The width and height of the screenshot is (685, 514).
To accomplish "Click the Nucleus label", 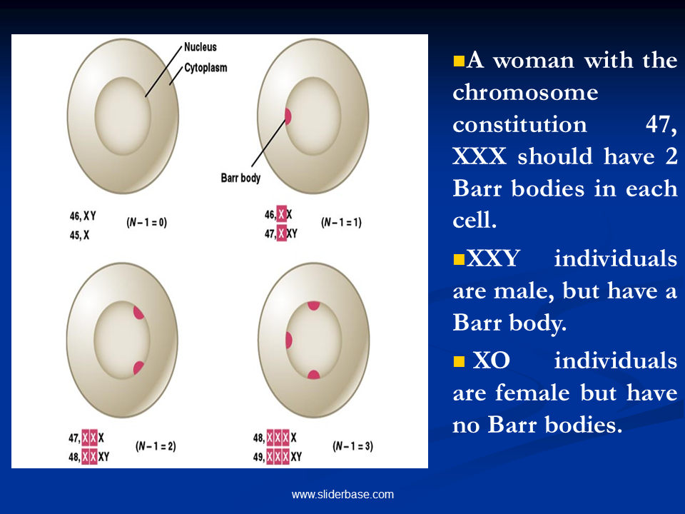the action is click(x=200, y=47).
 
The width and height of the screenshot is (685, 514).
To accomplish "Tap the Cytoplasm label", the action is click(x=205, y=68).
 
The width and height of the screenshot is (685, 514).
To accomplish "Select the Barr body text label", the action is click(x=240, y=178).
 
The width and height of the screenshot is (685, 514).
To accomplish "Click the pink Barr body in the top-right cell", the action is click(x=288, y=116).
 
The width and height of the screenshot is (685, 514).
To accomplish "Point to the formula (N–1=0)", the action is click(x=147, y=223).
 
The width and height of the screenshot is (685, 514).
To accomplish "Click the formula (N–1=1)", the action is click(x=341, y=223).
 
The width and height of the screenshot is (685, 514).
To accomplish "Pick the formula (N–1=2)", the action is click(x=156, y=446).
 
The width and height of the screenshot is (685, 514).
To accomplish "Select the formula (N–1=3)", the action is click(x=352, y=446).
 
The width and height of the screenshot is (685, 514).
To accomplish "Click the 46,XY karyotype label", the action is click(x=83, y=216).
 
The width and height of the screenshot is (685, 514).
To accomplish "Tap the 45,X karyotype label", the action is click(x=79, y=235).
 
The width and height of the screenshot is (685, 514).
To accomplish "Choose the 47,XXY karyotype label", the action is click(x=281, y=233).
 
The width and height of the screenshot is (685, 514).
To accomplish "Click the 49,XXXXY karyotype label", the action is click(x=278, y=457).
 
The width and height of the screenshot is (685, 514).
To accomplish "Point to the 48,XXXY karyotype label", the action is click(x=88, y=457).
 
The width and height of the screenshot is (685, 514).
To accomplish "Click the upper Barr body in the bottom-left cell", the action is click(x=138, y=313).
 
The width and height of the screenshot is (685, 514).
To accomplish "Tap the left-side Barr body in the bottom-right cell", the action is click(x=288, y=340).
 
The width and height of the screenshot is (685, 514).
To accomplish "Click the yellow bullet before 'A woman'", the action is click(x=459, y=60).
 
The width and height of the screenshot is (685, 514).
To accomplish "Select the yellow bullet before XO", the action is click(x=459, y=361).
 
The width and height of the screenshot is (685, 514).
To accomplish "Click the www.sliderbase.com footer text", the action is click(x=342, y=494).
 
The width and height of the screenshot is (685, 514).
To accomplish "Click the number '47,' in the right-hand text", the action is click(x=661, y=124).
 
